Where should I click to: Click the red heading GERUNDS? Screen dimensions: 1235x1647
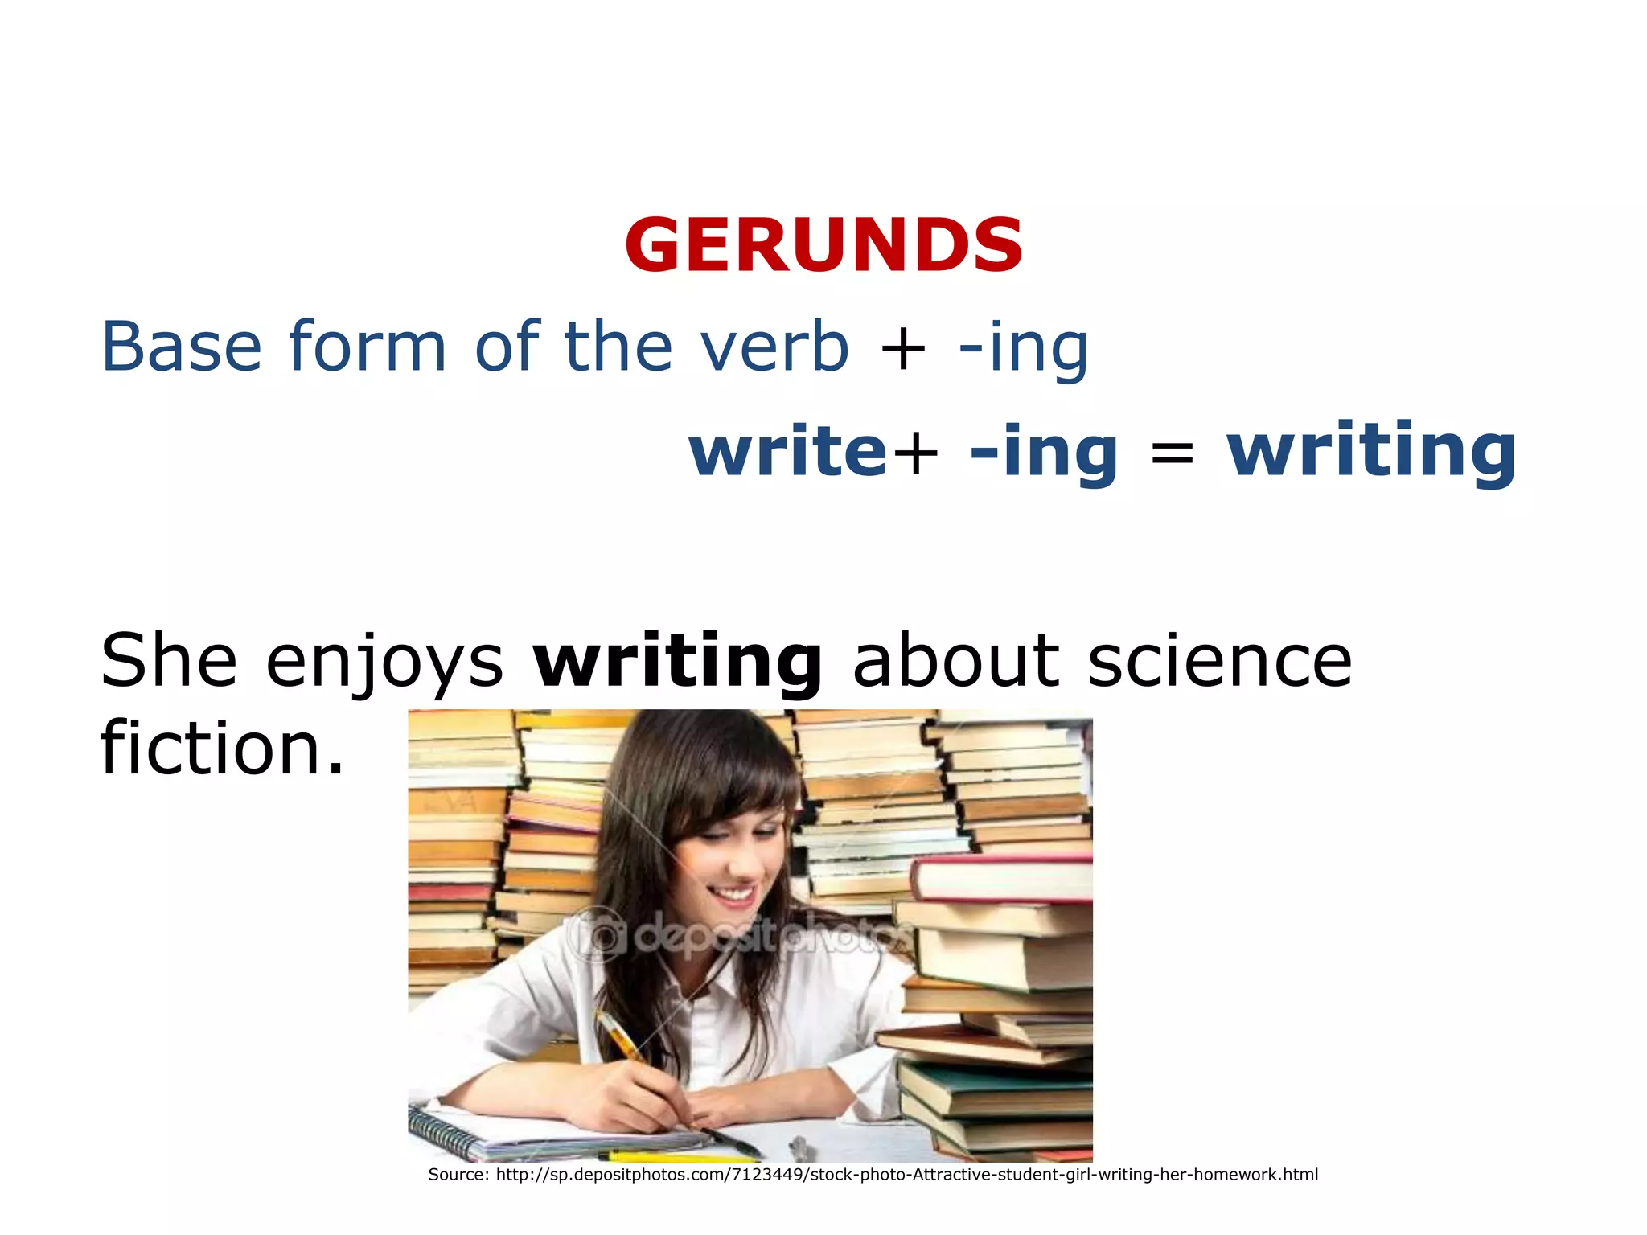point(823,245)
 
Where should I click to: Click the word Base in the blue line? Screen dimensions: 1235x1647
point(182,347)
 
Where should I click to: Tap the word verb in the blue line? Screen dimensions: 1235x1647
point(774,347)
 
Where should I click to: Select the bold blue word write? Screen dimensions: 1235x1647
point(788,452)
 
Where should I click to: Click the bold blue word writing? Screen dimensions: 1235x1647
point(1371,452)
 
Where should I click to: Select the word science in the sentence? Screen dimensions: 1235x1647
point(1219,661)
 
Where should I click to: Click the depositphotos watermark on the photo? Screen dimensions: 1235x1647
point(740,937)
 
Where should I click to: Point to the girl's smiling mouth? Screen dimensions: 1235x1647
point(733,895)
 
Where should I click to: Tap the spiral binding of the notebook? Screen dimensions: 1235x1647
point(447,1132)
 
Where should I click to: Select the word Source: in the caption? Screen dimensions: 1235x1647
point(458,1175)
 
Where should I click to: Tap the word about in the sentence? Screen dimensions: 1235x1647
point(956,661)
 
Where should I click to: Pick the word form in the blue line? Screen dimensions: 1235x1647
point(367,347)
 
